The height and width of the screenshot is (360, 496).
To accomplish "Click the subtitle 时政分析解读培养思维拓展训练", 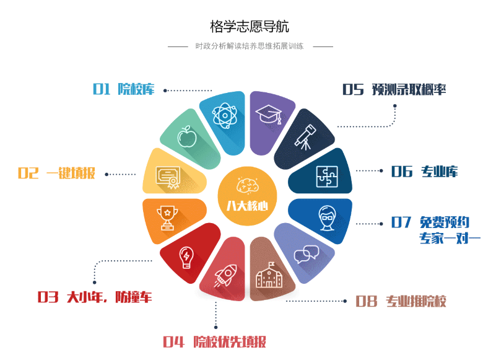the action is [x=249, y=46].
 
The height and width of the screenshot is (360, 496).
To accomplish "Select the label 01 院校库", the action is [x=124, y=89].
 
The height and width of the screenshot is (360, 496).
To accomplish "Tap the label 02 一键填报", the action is [x=56, y=173].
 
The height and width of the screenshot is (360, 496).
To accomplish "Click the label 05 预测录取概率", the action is [x=394, y=90].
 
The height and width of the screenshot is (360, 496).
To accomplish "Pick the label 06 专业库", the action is [x=424, y=172].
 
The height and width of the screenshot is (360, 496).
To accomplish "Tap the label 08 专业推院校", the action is [x=401, y=302].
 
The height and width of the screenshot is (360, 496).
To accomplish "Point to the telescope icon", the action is [x=303, y=136].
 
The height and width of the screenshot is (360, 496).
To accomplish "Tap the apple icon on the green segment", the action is [x=186, y=136].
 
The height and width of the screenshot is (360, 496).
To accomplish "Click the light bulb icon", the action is [x=185, y=257].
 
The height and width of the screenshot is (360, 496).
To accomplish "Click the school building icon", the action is [x=269, y=276].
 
